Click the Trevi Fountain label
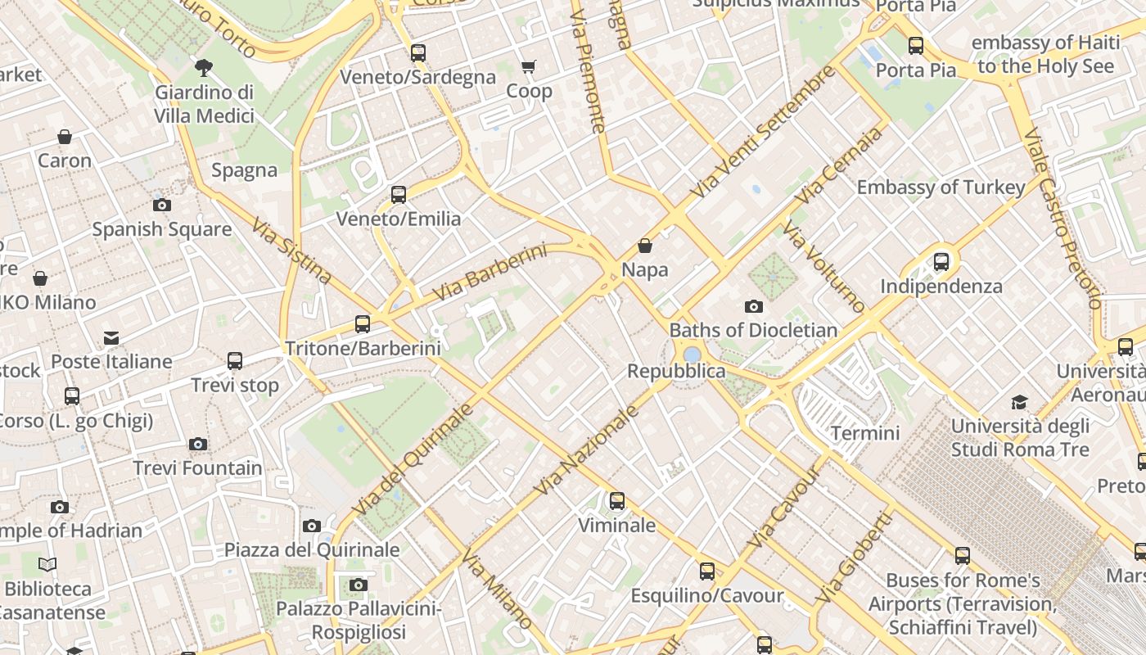[197, 468]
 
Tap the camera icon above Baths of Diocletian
[754, 307]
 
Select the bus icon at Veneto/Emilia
[399, 195]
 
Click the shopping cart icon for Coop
[529, 67]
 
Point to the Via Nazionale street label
[586, 450]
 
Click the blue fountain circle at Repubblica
[692, 355]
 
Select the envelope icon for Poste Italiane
[111, 338]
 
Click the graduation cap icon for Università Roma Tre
[1019, 402]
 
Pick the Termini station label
[865, 432]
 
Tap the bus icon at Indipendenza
[941, 262]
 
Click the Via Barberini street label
[489, 272]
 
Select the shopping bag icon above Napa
[645, 246]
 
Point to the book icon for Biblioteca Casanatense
[47, 564]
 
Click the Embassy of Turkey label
[941, 187]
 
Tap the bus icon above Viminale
[617, 500]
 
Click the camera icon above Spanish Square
[162, 206]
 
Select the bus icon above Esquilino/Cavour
[707, 571]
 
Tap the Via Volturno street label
[823, 267]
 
